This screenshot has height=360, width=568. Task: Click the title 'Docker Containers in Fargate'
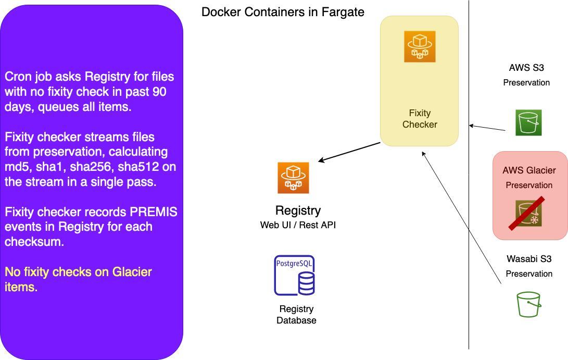pyautogui.click(x=283, y=12)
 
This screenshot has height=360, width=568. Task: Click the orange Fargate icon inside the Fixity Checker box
pyautogui.click(x=420, y=46)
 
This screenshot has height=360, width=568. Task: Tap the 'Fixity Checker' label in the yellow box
pyautogui.click(x=420, y=119)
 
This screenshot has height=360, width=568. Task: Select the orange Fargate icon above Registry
pyautogui.click(x=293, y=178)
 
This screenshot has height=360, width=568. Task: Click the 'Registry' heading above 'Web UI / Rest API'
pyautogui.click(x=298, y=210)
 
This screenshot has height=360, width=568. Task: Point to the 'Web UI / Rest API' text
pyautogui.click(x=298, y=225)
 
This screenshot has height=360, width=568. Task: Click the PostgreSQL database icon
pyautogui.click(x=294, y=275)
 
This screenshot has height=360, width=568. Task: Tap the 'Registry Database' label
pyautogui.click(x=296, y=314)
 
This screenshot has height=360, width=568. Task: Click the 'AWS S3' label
pyautogui.click(x=526, y=68)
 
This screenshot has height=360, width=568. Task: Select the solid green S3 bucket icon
pyautogui.click(x=528, y=122)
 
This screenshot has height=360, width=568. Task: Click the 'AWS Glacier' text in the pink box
pyautogui.click(x=529, y=170)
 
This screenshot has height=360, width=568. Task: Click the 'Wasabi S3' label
pyautogui.click(x=529, y=259)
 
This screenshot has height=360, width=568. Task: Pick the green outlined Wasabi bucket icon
pyautogui.click(x=529, y=304)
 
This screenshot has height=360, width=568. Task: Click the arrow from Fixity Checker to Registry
pyautogui.click(x=349, y=152)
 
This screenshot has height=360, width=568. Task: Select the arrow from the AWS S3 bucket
pyautogui.click(x=487, y=128)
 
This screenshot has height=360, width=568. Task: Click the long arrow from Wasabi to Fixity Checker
pyautogui.click(x=461, y=218)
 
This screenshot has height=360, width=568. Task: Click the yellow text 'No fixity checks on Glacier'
pyautogui.click(x=78, y=272)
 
